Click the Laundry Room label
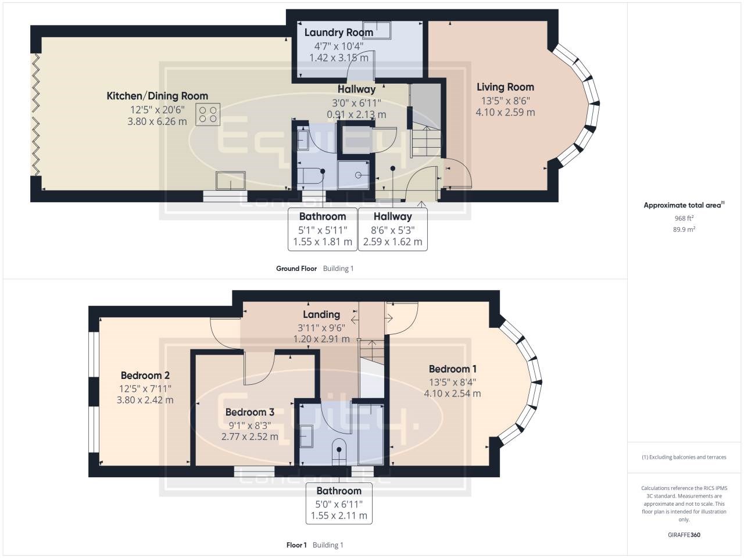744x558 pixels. coord(339,33)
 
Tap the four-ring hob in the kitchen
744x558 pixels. coord(208,115)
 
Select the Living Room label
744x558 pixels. coord(505,87)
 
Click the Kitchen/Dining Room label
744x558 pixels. coord(158,96)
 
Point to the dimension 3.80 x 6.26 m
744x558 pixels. coord(157,121)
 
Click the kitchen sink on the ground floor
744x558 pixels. coord(231,181)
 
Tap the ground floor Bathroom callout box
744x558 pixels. coord(323,230)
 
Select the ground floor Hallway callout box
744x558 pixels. coord(392,230)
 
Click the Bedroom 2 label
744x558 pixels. coord(145,375)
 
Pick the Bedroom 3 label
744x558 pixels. coord(249,412)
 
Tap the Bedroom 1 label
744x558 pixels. coord(452,369)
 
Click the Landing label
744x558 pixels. coord(321,314)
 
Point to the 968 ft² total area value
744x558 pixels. coord(684,218)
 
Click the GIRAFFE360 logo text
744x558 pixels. coord(684,535)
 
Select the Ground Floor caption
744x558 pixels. coord(296,269)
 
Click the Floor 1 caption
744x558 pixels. coord(296,545)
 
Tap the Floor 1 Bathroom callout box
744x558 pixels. coord(339,503)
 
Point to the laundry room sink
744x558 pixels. coord(377,30)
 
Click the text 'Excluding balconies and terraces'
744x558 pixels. coord(688,457)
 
